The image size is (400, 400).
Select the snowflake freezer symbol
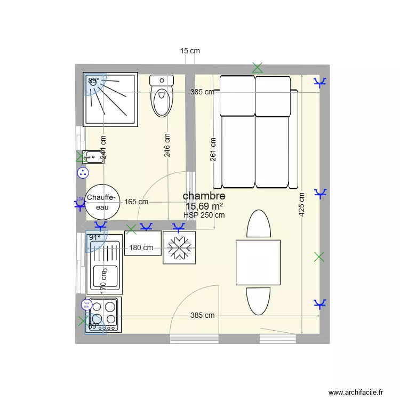(x=179, y=247)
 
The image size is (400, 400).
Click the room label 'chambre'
(x=204, y=196)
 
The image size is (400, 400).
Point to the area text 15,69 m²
(x=204, y=206)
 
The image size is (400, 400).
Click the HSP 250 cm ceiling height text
(x=204, y=215)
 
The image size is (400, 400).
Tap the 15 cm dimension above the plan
(x=190, y=51)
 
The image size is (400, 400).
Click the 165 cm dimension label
(x=137, y=202)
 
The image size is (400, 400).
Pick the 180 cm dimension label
(x=141, y=247)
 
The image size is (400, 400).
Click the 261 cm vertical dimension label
(x=213, y=150)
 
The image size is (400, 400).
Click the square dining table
(x=258, y=262)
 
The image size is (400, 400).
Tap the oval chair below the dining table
(x=258, y=301)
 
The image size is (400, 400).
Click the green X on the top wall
(x=258, y=68)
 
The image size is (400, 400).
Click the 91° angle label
(x=94, y=237)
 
